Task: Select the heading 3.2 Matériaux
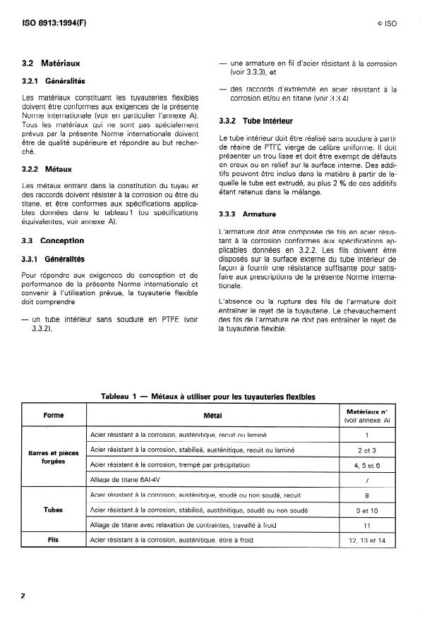51,64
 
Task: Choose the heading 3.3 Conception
53,240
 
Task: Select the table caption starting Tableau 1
208,397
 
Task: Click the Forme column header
54,416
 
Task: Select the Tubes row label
54,510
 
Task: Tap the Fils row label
54,540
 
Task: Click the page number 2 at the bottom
23,596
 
